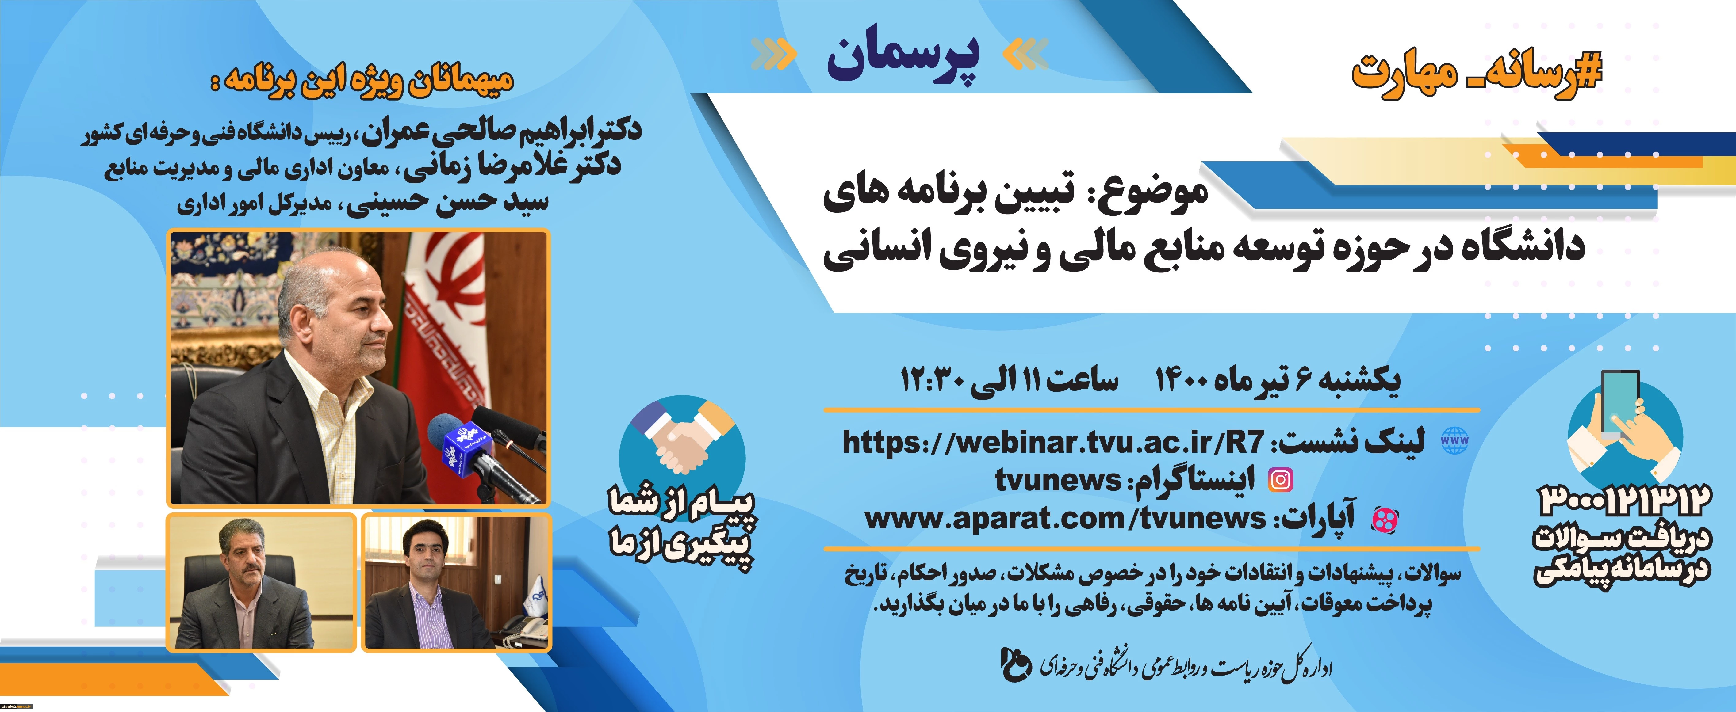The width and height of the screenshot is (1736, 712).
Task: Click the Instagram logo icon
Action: (x=1280, y=480)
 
